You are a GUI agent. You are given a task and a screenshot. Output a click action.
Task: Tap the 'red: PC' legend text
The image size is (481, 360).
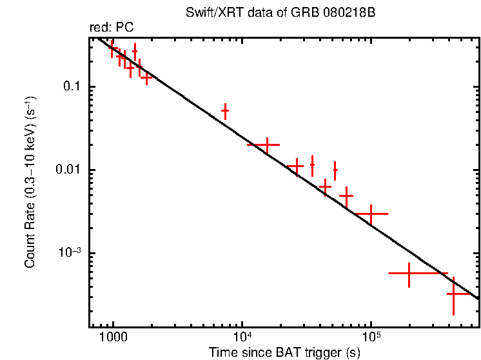[x=112, y=28]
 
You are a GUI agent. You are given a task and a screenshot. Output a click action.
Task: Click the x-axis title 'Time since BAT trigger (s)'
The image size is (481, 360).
[x=284, y=352]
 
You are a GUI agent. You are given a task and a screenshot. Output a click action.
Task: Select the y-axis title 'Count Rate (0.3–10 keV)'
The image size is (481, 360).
[x=30, y=182]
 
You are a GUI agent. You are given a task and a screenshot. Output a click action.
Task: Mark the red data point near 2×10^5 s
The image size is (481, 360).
[x=409, y=274]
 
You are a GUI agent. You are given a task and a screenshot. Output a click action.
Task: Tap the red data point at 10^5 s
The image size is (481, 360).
[x=371, y=213]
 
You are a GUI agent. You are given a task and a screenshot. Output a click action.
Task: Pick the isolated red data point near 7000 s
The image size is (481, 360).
[x=225, y=111]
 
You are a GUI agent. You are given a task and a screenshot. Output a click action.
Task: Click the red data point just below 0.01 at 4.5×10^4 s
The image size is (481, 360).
[x=325, y=186]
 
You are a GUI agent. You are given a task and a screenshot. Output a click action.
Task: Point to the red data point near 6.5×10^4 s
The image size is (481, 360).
[x=346, y=195]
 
